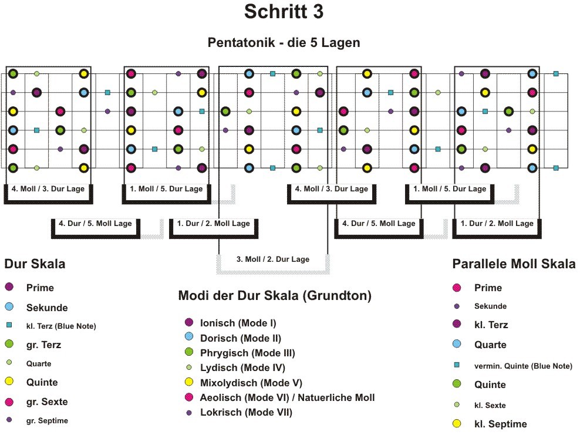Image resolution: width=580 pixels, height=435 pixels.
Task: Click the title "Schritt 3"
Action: tap(284, 12)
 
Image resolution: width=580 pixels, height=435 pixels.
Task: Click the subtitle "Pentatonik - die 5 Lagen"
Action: tap(284, 42)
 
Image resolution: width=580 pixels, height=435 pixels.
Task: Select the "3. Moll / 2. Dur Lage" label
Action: tap(273, 259)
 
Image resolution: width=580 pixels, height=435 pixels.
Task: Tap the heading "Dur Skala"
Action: tap(35, 264)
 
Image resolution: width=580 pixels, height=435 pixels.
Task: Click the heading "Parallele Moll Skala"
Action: tap(514, 264)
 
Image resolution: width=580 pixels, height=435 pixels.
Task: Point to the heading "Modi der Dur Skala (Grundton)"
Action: tap(275, 295)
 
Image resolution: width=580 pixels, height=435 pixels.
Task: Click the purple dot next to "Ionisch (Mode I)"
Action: tap(189, 322)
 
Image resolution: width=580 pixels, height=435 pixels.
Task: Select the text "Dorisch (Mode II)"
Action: tap(241, 339)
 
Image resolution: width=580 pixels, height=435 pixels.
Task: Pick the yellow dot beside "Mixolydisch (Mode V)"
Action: tap(189, 382)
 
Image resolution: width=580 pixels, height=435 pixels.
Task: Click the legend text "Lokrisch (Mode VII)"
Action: tap(247, 413)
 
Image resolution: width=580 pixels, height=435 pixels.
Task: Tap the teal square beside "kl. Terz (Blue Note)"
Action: tap(9, 325)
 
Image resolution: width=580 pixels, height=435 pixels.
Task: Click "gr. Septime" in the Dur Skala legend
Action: tap(47, 420)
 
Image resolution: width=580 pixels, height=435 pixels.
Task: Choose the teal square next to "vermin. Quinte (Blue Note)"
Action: tap(457, 365)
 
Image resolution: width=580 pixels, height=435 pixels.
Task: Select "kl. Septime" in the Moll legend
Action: tap(501, 424)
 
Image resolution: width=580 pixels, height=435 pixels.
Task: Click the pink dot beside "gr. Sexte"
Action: tap(9, 402)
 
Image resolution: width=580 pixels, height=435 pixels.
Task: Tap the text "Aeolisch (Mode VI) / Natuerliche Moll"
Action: tap(288, 397)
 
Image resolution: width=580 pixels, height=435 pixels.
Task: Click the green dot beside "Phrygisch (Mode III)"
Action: tap(189, 352)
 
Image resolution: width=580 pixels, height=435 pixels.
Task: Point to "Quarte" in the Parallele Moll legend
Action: tap(490, 345)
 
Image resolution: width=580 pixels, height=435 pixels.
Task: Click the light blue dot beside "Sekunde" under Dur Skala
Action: tap(9, 306)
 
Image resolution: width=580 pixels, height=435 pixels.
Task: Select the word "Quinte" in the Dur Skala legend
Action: tap(42, 382)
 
